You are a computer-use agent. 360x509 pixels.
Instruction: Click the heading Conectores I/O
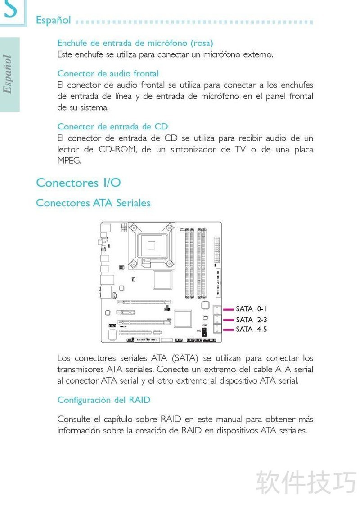[x=78, y=183]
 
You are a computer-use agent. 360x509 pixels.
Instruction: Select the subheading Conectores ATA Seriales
[x=93, y=203]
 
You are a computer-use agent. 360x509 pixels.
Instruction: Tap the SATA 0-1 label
[x=251, y=309]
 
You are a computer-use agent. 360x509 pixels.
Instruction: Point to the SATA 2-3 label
[x=251, y=320]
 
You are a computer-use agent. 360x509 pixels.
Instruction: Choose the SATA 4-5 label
[x=251, y=330]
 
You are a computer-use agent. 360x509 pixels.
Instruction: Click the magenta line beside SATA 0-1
[x=229, y=309]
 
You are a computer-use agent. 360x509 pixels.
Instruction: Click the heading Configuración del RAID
[x=104, y=400]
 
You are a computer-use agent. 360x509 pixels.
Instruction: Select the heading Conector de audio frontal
[x=108, y=73]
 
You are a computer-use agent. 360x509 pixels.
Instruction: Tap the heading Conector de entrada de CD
[x=112, y=127]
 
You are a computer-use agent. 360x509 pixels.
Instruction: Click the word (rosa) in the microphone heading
[x=202, y=43]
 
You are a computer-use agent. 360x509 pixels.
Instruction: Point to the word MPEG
[x=69, y=161]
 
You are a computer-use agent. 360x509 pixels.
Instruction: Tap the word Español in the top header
[x=54, y=20]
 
